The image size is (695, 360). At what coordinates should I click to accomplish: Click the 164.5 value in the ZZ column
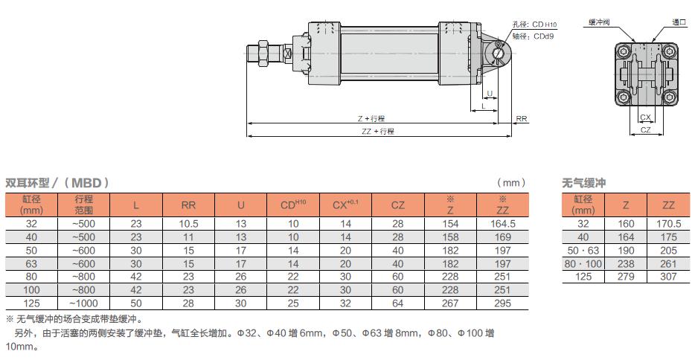tap(502, 224)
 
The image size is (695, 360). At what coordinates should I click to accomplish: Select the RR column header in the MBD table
tap(188, 205)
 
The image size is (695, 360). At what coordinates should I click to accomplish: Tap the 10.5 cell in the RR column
tap(188, 224)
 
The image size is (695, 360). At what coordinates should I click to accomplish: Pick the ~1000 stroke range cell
tap(83, 303)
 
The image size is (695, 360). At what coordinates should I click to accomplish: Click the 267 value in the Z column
tap(450, 303)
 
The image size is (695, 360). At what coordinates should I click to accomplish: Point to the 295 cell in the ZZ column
tap(502, 303)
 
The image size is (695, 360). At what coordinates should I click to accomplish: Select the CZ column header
tap(397, 205)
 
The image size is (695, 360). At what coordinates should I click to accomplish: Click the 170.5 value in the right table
tap(668, 224)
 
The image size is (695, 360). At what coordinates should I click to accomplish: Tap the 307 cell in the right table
tap(668, 277)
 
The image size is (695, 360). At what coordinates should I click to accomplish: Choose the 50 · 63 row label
tap(583, 251)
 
